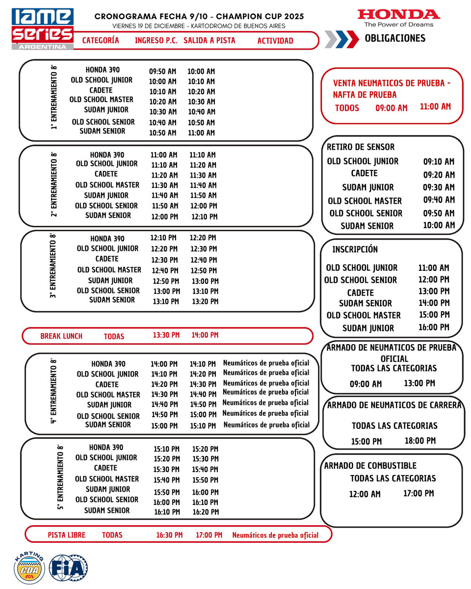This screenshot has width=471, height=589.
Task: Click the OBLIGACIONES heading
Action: point(395,38)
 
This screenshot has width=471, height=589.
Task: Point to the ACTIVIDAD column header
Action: point(275,41)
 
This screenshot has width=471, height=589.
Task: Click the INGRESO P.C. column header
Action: point(156,41)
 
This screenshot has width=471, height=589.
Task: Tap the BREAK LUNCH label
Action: point(61,336)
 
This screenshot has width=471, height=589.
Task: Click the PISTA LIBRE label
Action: point(66,535)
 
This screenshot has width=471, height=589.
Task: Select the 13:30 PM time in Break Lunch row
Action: point(166,335)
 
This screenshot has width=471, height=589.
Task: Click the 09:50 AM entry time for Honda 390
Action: point(162,72)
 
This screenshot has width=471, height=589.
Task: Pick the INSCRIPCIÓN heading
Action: point(355,249)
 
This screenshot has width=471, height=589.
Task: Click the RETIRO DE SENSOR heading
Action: point(361,147)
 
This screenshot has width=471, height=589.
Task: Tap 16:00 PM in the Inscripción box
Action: point(434,327)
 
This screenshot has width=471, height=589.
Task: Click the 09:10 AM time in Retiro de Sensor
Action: point(439,161)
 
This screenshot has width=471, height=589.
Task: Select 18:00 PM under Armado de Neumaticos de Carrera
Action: point(420,441)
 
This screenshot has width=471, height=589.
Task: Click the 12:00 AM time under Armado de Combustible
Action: point(365,494)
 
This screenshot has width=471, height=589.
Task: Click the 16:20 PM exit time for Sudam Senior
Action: point(205,512)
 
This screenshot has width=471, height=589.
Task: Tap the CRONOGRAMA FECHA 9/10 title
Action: point(199,16)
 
